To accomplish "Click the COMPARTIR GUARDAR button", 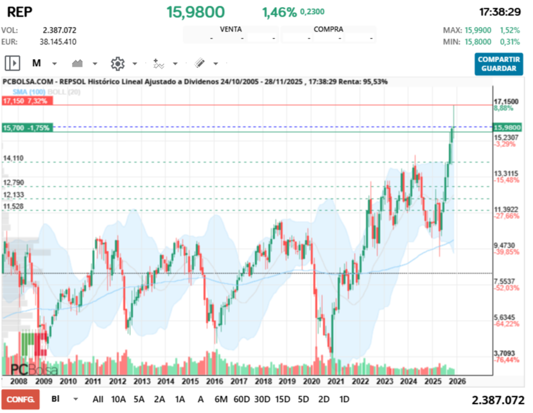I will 499,64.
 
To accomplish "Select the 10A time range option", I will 119,399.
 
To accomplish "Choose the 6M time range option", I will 221,399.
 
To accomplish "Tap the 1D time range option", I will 344,399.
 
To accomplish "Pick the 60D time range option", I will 241,399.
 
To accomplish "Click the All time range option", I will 98,399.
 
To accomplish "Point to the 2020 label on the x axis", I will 310,380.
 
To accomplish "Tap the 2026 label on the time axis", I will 458,380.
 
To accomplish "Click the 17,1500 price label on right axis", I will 505,101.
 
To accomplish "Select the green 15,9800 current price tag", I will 507,127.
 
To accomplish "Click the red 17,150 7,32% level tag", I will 26,101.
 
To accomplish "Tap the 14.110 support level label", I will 13,158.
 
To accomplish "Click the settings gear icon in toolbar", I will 117,64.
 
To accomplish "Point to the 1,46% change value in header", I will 279,12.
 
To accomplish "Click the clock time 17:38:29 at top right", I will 499,12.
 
